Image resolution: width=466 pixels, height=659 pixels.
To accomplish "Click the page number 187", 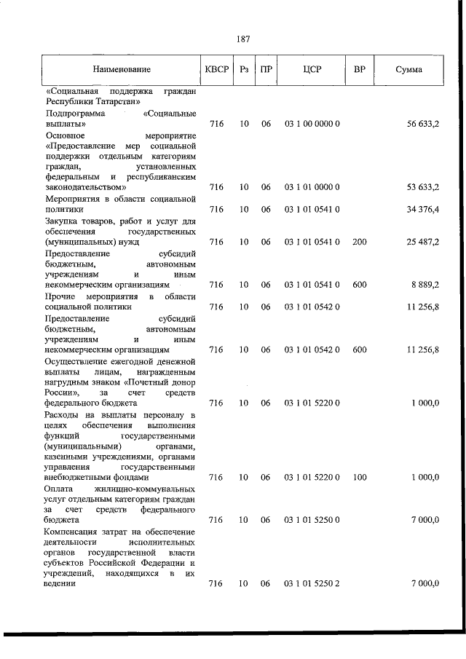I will pyautogui.click(x=243, y=39).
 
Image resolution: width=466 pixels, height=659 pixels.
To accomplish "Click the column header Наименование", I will pyautogui.click(x=122, y=70).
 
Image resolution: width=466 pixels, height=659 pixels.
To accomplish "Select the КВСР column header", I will pyautogui.click(x=216, y=70).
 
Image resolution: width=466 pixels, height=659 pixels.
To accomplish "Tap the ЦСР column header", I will pyautogui.click(x=312, y=70).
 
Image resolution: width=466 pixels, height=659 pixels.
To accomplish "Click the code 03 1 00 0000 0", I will pyautogui.click(x=312, y=125).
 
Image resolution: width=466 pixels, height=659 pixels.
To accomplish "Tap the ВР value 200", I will pyautogui.click(x=359, y=242).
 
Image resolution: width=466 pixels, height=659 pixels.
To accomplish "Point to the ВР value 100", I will pyautogui.click(x=359, y=477).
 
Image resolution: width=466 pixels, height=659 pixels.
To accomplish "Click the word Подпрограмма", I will pyautogui.click(x=75, y=114).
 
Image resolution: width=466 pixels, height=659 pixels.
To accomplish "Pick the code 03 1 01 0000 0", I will pyautogui.click(x=312, y=187).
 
